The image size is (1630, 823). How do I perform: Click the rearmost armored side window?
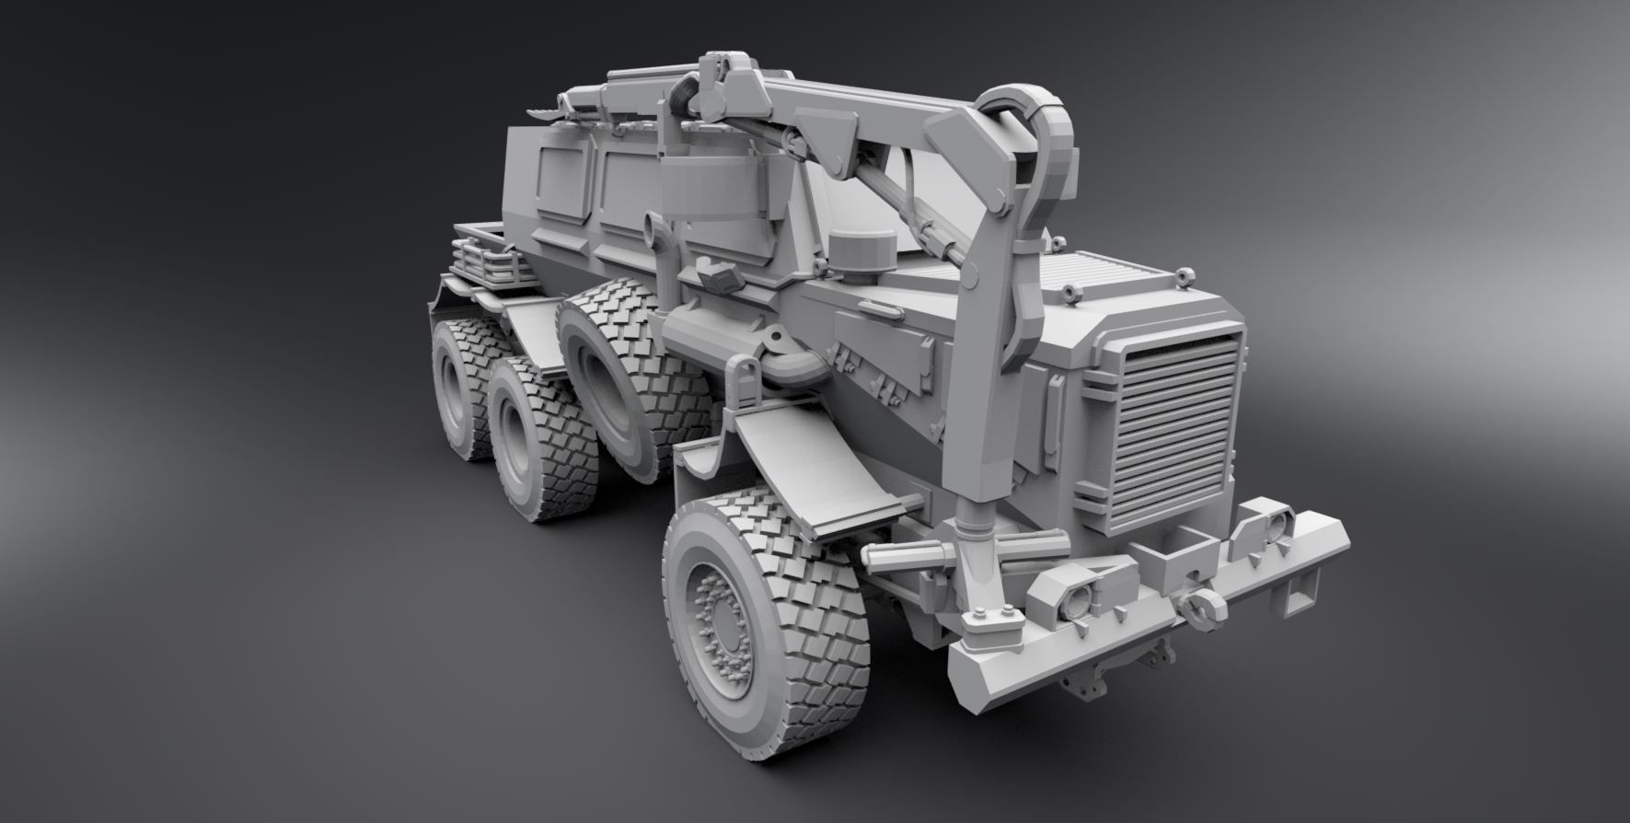[562, 180]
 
